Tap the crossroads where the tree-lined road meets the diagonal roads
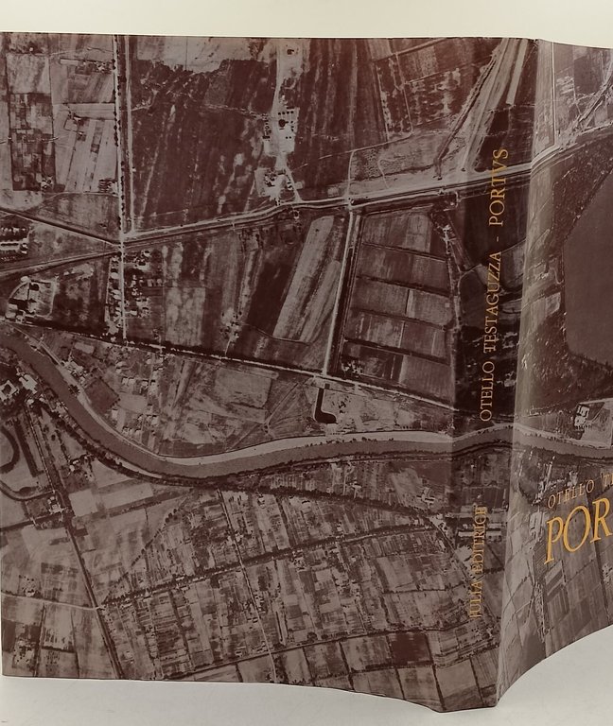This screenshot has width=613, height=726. click(x=121, y=241)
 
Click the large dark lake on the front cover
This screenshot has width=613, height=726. click(x=591, y=284)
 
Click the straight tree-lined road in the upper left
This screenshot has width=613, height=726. click(x=120, y=142)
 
